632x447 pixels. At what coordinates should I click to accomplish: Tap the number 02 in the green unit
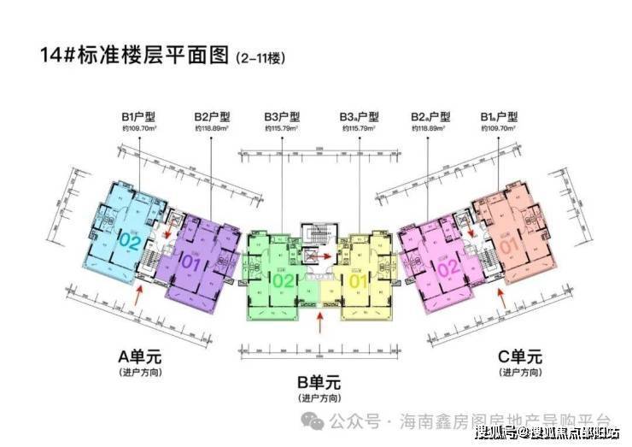pos(284,279)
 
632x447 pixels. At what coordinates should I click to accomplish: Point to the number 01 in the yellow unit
pos(358,279)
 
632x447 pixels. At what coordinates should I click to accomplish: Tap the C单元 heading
pos(519,357)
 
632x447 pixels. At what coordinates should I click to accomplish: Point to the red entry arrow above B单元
pos(320,324)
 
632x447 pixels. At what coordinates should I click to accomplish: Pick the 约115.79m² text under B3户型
pos(282,128)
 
